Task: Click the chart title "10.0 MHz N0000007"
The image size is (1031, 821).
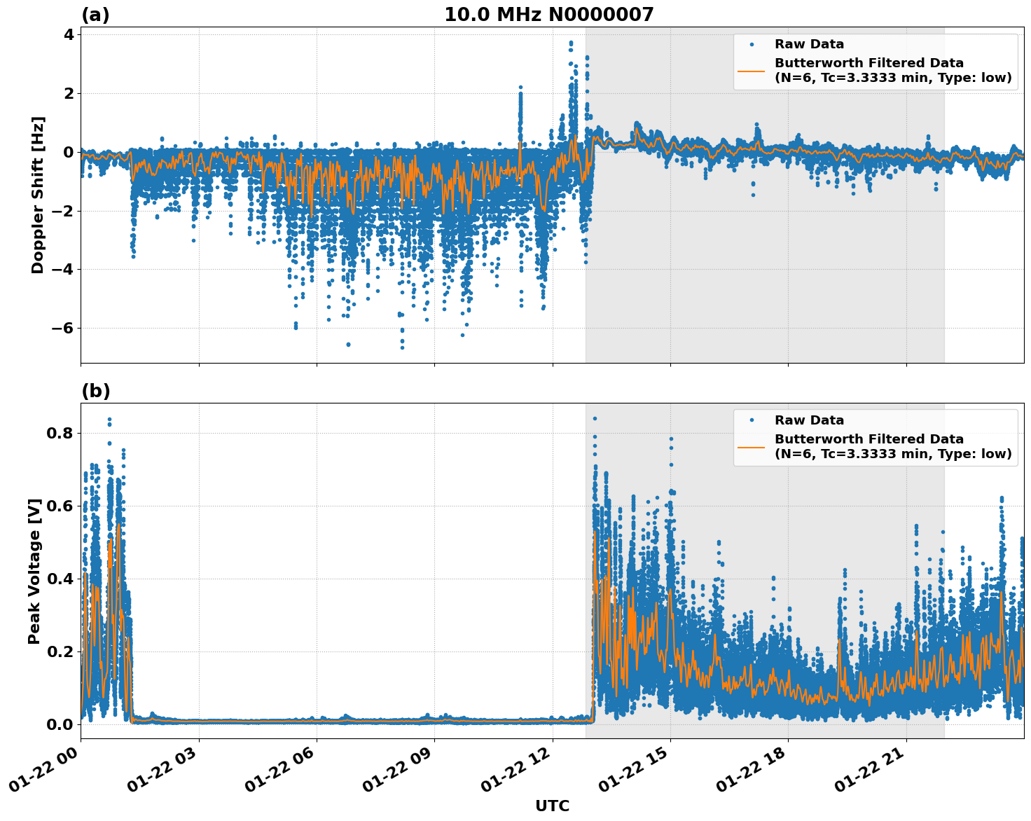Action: tap(548, 15)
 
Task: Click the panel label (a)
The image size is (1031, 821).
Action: tap(95, 15)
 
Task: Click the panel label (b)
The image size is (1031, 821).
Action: tap(95, 391)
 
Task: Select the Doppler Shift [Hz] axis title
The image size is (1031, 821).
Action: tap(38, 195)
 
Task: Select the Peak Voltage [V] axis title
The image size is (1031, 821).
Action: tap(34, 571)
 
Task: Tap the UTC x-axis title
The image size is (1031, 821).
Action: tap(552, 806)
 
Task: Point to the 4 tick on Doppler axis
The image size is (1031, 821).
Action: tap(69, 34)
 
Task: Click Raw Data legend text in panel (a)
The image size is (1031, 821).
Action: tap(809, 45)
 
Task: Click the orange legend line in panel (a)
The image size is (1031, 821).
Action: tap(752, 71)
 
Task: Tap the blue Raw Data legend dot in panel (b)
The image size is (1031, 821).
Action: tap(752, 420)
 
